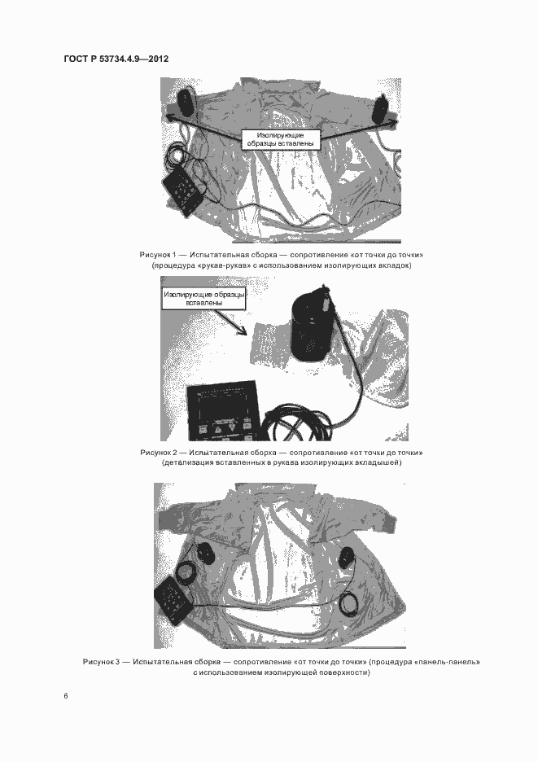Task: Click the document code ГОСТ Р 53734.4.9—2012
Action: tap(116, 59)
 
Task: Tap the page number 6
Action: tap(66, 696)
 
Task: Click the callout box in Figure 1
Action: tap(281, 139)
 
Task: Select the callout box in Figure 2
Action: tap(203, 299)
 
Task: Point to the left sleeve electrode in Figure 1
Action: tap(185, 102)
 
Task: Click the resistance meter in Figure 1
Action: tap(183, 191)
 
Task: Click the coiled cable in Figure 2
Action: tap(295, 423)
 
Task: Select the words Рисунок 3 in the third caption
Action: tap(101, 662)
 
